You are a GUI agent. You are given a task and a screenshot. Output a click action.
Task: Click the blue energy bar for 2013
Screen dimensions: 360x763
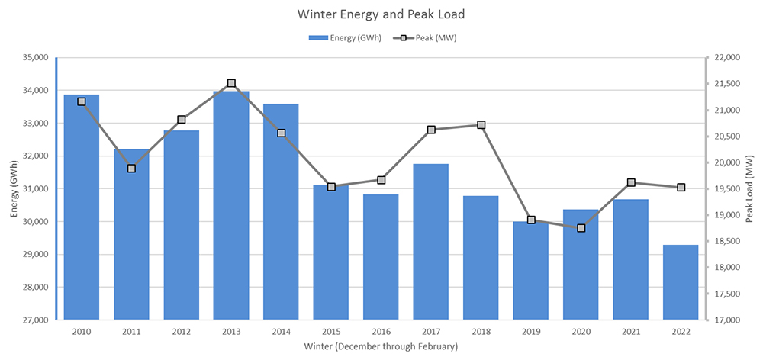click(231, 206)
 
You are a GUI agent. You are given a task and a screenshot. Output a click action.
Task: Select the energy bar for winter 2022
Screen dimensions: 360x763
click(681, 282)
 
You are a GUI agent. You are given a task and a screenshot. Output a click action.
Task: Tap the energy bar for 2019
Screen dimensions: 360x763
click(531, 271)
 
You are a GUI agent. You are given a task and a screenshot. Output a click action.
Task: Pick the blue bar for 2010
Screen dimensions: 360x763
click(82, 206)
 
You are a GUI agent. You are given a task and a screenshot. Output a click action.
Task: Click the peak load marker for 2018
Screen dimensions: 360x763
click(481, 124)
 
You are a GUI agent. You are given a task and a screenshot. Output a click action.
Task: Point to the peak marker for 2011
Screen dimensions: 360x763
click(131, 169)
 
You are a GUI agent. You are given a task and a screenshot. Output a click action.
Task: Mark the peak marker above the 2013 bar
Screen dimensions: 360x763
click(231, 83)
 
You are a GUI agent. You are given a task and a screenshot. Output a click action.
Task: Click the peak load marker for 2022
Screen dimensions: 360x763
click(681, 188)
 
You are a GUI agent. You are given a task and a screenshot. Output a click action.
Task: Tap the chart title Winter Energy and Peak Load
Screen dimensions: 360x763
click(381, 14)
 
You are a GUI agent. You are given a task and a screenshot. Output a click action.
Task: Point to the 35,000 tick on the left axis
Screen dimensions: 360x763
click(33, 57)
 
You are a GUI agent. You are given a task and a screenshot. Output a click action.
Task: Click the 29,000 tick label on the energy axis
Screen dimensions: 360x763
click(33, 255)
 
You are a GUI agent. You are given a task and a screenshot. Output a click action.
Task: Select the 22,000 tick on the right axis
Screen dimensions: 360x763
click(726, 57)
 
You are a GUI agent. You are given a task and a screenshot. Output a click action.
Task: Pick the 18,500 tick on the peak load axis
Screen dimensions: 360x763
click(726, 242)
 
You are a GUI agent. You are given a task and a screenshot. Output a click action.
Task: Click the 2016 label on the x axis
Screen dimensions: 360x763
click(381, 333)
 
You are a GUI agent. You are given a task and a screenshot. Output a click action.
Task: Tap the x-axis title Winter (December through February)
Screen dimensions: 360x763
click(381, 347)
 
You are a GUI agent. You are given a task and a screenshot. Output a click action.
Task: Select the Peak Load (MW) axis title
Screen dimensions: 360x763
click(751, 188)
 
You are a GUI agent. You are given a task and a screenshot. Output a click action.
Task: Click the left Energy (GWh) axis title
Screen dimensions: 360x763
click(13, 188)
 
